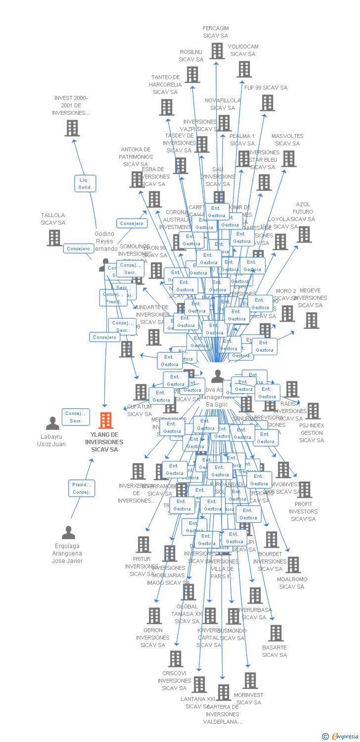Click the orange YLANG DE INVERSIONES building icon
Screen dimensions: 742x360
106,420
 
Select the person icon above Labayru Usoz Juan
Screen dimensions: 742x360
52,423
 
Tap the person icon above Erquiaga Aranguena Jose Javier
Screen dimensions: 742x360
68,533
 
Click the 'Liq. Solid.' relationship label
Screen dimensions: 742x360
85,184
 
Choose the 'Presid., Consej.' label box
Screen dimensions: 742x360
82,488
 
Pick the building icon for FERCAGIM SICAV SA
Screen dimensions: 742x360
217,50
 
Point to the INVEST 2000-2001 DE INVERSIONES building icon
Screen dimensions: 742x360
72,128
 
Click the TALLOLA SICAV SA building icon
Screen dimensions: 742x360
54,237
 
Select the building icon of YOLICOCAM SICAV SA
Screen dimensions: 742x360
244,69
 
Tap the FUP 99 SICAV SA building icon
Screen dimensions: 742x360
268,103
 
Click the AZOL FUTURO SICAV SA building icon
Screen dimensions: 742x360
304,234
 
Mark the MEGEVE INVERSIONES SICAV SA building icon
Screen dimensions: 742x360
312,321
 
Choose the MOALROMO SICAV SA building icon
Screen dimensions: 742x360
293,565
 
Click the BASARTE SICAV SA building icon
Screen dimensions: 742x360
275,633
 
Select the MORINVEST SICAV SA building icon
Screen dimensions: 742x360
250,681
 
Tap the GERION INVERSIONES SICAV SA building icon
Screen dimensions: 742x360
154,616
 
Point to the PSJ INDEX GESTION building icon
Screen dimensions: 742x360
313,411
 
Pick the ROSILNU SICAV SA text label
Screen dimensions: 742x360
191,55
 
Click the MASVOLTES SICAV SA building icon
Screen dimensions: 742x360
288,159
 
